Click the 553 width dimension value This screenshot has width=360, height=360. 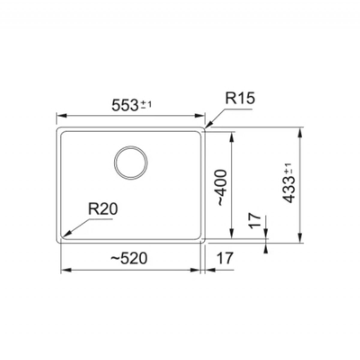(124, 105)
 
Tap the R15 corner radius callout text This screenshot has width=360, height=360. (240, 98)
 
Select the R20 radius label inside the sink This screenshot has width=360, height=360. (103, 209)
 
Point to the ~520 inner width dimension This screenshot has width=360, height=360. (129, 258)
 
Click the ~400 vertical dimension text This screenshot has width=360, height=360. (223, 187)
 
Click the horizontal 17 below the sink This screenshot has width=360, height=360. (225, 258)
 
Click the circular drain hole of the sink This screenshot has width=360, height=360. (131, 162)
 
